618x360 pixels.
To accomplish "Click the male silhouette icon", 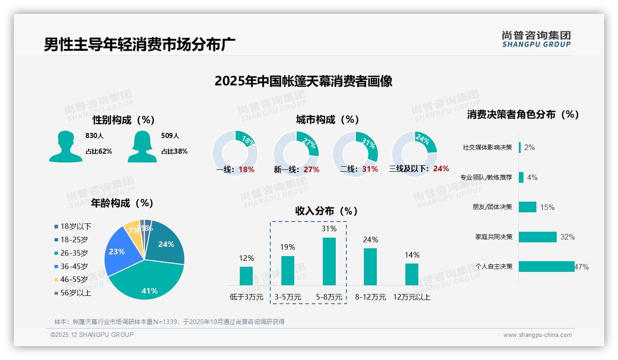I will coord(65,146).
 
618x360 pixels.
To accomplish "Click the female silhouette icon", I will coord(142,146).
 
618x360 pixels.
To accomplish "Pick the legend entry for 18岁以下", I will coord(73,226).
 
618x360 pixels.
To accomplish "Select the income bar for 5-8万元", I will coord(329,261).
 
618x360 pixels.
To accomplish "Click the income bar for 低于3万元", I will coord(246,276).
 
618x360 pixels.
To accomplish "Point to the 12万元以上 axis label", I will coord(411,297).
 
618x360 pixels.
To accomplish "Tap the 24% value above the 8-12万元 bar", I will coord(370,240).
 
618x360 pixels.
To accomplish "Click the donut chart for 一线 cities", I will coord(235,153).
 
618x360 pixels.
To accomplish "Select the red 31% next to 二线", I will coord(370,169).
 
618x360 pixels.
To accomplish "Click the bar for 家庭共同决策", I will coord(537,237).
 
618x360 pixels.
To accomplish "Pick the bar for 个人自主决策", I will coord(546,266).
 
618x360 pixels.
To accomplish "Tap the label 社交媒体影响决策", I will coord(487,147).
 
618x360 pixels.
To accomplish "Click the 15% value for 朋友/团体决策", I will coord(547,207).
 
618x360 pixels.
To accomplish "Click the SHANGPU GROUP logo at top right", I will coord(536,39).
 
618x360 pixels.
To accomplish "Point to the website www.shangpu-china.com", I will coord(537,335).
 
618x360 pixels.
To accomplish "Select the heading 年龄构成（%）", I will coord(122,203).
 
